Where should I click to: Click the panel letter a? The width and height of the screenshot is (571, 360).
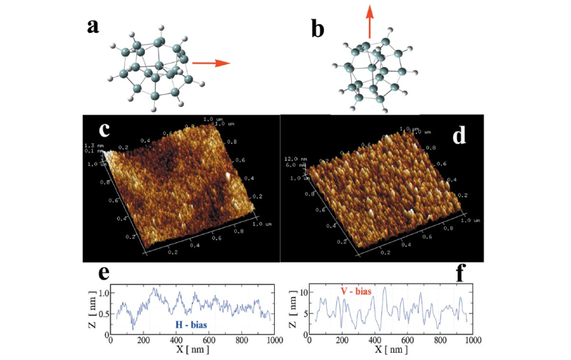(93, 26)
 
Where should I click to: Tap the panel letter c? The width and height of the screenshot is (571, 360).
(105, 130)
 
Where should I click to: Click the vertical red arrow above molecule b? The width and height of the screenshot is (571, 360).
(369, 20)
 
